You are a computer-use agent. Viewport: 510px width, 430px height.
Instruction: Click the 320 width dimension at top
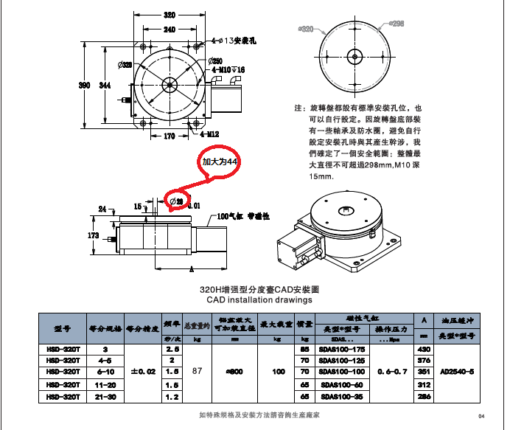[x=170, y=15]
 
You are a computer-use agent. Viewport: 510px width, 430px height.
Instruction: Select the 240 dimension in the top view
[x=170, y=29]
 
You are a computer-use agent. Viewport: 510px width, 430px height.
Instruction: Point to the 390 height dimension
[x=85, y=86]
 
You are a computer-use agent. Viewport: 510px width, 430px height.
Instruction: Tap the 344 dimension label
[x=105, y=86]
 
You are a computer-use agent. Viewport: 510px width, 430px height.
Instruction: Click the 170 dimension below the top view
[x=169, y=136]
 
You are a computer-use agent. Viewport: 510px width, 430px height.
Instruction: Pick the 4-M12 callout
[x=209, y=135]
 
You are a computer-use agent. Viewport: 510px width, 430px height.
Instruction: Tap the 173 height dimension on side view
[x=93, y=235]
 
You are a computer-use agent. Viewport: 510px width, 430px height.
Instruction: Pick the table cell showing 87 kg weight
[x=197, y=372]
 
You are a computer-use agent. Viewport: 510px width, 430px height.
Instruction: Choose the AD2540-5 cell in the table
[x=456, y=372]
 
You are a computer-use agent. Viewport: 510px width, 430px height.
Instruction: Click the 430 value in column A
[x=424, y=349]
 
